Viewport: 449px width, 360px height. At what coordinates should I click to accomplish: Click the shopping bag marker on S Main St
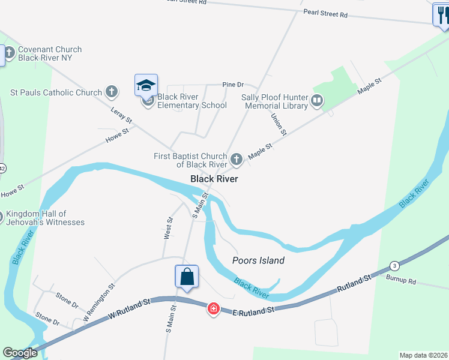click(187, 277)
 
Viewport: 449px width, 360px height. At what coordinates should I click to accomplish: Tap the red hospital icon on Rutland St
click(213, 309)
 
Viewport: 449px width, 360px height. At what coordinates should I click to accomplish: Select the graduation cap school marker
click(146, 86)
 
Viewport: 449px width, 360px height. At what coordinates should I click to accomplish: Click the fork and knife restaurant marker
click(441, 15)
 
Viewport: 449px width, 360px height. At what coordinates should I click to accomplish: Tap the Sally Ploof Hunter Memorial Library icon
click(318, 101)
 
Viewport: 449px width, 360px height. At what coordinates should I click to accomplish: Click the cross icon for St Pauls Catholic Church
click(111, 92)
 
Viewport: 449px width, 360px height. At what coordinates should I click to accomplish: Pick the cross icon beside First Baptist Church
click(237, 160)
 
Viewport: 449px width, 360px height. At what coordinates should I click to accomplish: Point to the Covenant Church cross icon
click(10, 54)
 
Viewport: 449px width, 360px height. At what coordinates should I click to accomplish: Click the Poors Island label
click(258, 260)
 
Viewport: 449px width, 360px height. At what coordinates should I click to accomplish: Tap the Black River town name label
click(214, 179)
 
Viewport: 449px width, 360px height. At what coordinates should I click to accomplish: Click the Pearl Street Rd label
click(325, 13)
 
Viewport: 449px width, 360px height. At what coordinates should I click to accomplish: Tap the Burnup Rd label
click(402, 280)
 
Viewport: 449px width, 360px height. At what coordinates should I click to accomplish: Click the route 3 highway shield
click(394, 266)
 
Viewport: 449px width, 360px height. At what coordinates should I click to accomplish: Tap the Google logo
click(20, 352)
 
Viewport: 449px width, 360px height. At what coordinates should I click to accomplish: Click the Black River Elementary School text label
click(192, 101)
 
